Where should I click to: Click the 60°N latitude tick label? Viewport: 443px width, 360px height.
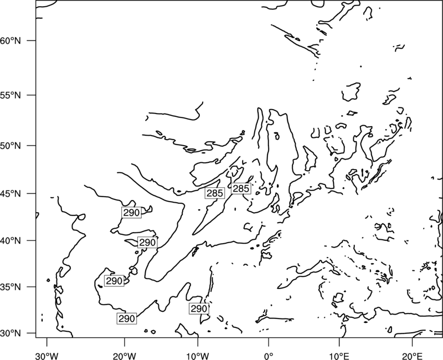pos(11,41)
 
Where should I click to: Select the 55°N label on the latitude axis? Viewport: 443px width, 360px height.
pos(11,95)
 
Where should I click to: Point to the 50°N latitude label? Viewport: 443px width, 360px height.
pos(11,146)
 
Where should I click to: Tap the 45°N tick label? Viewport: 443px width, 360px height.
pos(11,194)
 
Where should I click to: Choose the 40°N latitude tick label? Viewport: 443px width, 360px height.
pos(11,241)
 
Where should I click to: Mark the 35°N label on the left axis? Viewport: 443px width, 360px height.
pos(11,287)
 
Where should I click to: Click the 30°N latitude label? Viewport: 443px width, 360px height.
pos(11,333)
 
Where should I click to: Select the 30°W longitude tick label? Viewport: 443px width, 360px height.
pos(47,356)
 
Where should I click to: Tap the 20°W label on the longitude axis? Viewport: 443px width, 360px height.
pos(124,356)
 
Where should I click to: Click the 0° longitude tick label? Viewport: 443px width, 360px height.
pos(269,356)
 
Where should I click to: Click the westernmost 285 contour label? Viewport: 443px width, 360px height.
pos(215,193)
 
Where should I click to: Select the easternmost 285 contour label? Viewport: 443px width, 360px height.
pos(241,188)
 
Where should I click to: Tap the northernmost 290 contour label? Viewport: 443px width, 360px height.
pos(131,213)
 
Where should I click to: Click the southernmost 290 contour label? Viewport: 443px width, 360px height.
pos(127,318)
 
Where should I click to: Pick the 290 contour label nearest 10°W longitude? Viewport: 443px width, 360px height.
pos(199,309)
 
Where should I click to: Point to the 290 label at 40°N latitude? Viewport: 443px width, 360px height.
pos(147,243)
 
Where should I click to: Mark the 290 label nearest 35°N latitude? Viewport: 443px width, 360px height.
pos(114,281)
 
